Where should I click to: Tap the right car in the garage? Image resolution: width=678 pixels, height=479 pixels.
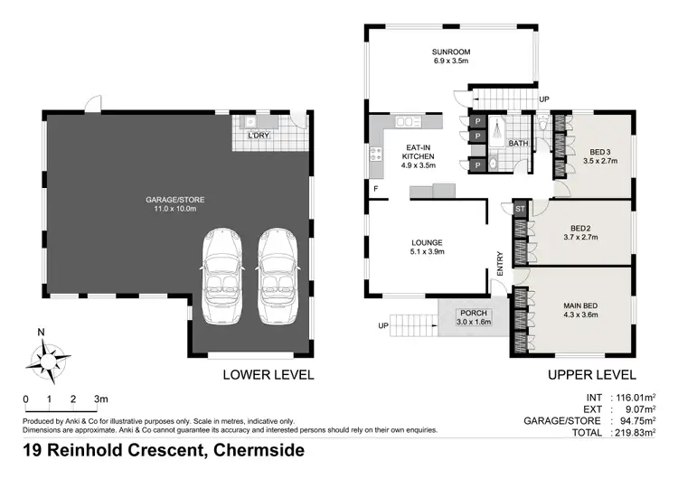pyautogui.click(x=277, y=276)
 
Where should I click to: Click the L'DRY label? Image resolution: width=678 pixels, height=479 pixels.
pyautogui.click(x=259, y=136)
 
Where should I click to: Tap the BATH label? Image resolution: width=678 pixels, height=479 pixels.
pyautogui.click(x=518, y=144)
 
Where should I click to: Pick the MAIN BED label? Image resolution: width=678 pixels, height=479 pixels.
pyautogui.click(x=581, y=311)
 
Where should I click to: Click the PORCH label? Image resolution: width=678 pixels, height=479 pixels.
pyautogui.click(x=473, y=316)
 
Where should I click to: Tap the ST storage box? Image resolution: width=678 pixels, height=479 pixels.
pyautogui.click(x=520, y=210)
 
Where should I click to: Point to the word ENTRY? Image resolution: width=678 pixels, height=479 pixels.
pyautogui.click(x=498, y=263)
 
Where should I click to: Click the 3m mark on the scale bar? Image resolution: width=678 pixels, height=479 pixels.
pyautogui.click(x=101, y=399)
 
